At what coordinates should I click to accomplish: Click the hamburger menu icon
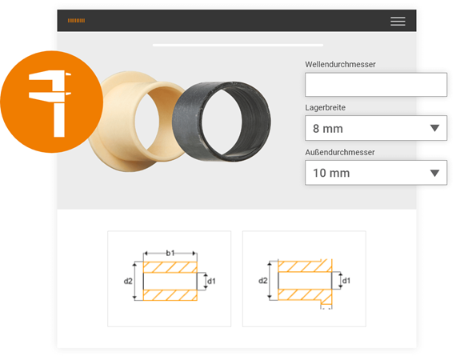(x=398, y=22)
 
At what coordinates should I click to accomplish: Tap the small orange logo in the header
(x=76, y=21)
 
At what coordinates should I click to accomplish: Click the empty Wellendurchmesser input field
(x=376, y=85)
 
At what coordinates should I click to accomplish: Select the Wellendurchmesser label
(x=340, y=64)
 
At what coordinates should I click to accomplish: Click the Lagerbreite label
(x=325, y=107)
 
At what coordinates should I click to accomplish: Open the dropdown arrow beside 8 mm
(x=434, y=128)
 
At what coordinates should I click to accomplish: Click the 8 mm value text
(x=328, y=129)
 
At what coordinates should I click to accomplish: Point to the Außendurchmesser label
(x=340, y=152)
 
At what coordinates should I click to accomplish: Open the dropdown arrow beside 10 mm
(x=434, y=173)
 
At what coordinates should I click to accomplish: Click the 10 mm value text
(x=331, y=173)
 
